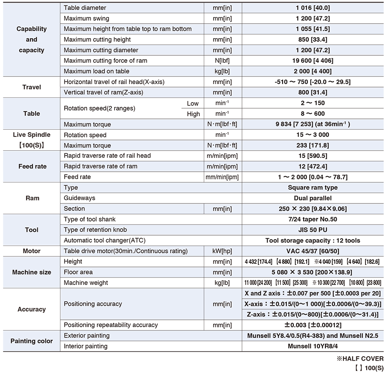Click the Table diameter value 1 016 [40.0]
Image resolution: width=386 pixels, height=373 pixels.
point(313,8)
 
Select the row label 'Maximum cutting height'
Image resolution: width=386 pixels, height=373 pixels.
point(97,39)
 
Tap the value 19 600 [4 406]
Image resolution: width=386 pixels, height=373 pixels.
point(313,61)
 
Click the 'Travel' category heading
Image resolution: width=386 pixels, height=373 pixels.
point(32,87)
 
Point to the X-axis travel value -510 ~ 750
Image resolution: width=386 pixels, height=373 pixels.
point(313,82)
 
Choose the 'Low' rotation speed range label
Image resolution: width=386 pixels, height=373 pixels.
point(193,103)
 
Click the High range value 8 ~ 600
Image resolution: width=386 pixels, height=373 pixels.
point(313,114)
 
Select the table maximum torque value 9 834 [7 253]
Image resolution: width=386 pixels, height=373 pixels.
point(313,124)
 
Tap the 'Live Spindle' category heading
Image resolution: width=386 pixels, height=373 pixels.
point(32,135)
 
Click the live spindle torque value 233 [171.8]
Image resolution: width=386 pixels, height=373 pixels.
point(313,146)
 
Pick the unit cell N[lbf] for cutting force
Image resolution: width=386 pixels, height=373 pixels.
point(222,61)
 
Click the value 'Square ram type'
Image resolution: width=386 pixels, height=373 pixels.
point(313,188)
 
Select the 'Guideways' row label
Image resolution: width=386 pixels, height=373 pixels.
point(79,198)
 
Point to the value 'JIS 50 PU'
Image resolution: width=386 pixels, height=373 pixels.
point(313,230)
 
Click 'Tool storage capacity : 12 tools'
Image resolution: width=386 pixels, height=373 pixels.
point(313,240)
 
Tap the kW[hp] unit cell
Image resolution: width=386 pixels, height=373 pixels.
point(222,251)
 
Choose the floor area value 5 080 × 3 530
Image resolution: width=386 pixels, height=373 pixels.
point(313,272)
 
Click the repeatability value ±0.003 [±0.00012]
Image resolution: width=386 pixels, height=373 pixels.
point(313,325)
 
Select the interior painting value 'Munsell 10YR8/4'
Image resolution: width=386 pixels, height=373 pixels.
point(313,346)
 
